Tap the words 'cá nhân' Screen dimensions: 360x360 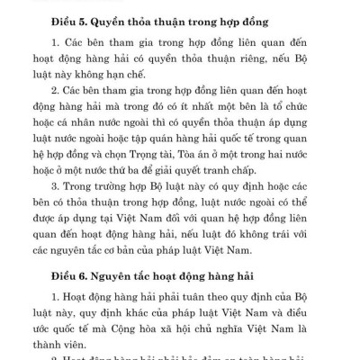92,144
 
